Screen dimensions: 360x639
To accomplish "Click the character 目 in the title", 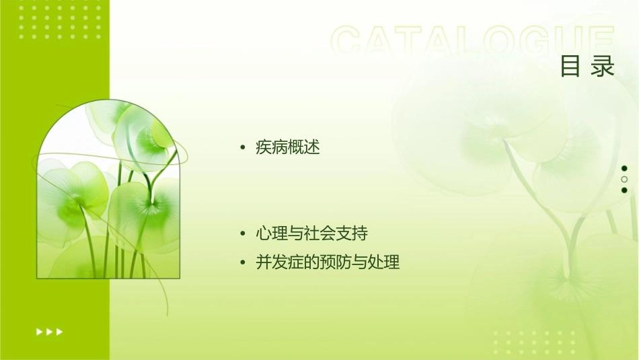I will pyautogui.click(x=570, y=67).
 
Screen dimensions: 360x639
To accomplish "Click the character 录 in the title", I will pyautogui.click(x=603, y=67).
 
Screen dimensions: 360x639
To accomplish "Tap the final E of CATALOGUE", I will pyautogui.click(x=600, y=42).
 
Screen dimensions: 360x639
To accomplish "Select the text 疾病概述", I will pyautogui.click(x=288, y=147).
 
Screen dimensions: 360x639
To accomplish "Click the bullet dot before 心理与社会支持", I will pyautogui.click(x=243, y=235).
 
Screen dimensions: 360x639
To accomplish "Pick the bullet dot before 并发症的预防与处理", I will pyautogui.click(x=243, y=263).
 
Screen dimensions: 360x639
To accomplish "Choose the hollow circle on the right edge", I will pyautogui.click(x=624, y=179).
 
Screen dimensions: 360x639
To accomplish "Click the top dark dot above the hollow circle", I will pyautogui.click(x=624, y=168).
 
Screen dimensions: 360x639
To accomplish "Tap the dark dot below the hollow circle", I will pyautogui.click(x=624, y=190).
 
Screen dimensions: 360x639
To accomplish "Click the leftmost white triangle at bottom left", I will pyautogui.click(x=39, y=331).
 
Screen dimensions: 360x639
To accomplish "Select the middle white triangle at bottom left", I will pyautogui.click(x=49, y=331).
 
